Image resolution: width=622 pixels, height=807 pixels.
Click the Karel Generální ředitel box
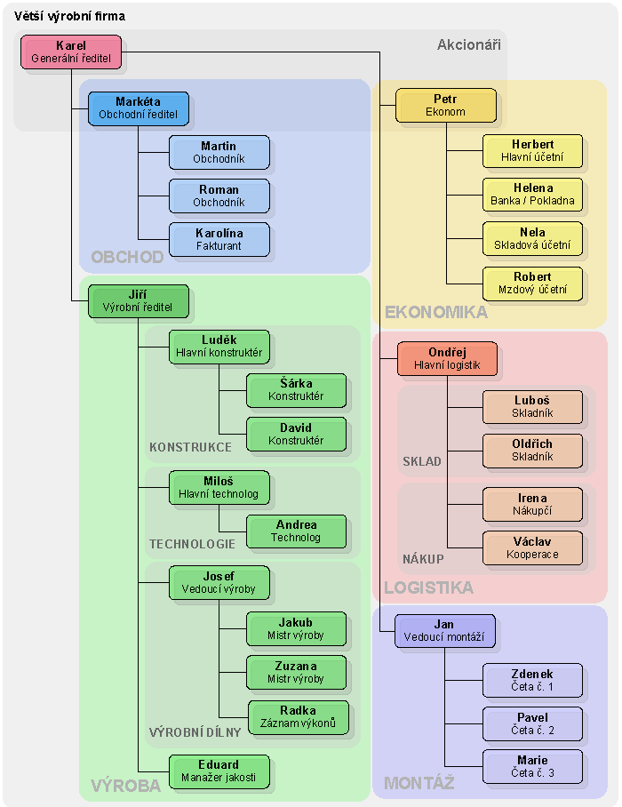tap(71, 52)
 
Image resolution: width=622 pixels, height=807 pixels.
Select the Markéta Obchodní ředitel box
tap(139, 108)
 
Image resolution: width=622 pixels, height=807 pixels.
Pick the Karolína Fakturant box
tap(219, 239)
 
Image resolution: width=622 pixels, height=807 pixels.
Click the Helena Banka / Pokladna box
tap(532, 195)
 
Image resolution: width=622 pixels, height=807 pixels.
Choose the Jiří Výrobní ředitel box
tap(139, 301)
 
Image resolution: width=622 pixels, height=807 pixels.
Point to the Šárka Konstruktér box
tap(296, 390)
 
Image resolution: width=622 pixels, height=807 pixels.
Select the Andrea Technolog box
tap(296, 531)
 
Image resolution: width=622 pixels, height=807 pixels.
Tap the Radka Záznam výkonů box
tap(298, 717)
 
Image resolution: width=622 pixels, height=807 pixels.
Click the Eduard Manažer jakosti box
tap(219, 771)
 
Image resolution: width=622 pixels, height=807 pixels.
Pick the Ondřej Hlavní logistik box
tap(447, 358)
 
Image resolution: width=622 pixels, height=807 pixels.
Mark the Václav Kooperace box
tap(532, 547)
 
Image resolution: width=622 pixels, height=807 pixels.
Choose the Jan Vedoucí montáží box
tap(443, 631)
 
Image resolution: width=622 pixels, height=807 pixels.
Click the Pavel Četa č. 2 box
tap(532, 723)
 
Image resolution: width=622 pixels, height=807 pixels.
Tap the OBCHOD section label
tap(127, 258)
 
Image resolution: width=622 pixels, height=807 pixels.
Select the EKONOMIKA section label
tap(435, 312)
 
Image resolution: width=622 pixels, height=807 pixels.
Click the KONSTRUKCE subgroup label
tap(190, 447)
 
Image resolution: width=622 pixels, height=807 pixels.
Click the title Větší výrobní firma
tap(69, 16)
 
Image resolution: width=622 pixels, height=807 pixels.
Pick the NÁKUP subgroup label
tap(422, 559)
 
